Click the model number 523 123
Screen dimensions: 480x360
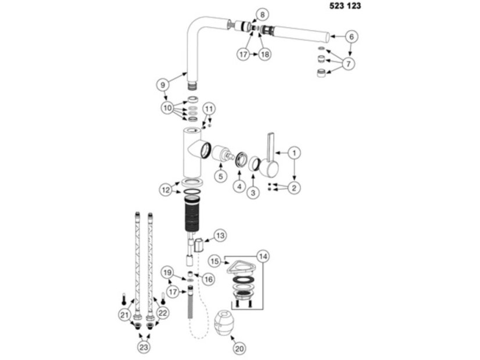[x=345, y=6]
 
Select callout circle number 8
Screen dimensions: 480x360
[x=262, y=15]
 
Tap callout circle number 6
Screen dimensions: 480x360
[x=352, y=37]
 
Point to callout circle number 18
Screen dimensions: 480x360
[x=265, y=55]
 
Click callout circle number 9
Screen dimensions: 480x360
[x=163, y=85]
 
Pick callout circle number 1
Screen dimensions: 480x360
[x=294, y=153]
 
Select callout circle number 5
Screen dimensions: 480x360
[x=221, y=176]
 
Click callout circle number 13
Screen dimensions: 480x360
[x=220, y=236]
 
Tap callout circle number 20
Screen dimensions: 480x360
[x=239, y=348]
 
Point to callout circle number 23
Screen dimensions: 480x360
[x=144, y=347]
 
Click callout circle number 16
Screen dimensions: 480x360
[x=208, y=279]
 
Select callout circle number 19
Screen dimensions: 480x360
[x=167, y=272]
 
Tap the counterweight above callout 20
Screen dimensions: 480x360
[x=226, y=323]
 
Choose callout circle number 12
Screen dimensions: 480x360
[x=166, y=190]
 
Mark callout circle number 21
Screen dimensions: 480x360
[x=124, y=315]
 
